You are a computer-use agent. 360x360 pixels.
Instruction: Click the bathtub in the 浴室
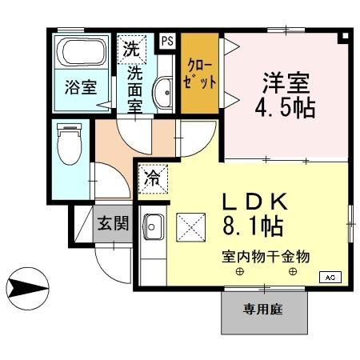point(82,54)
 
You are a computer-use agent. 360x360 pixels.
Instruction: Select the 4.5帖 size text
point(284,107)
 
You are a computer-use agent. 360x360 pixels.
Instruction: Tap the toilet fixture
point(71,145)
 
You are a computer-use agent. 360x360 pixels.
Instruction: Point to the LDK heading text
point(249,202)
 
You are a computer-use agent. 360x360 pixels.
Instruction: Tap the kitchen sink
point(152,228)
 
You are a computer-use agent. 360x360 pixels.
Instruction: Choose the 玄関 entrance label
point(113,223)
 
